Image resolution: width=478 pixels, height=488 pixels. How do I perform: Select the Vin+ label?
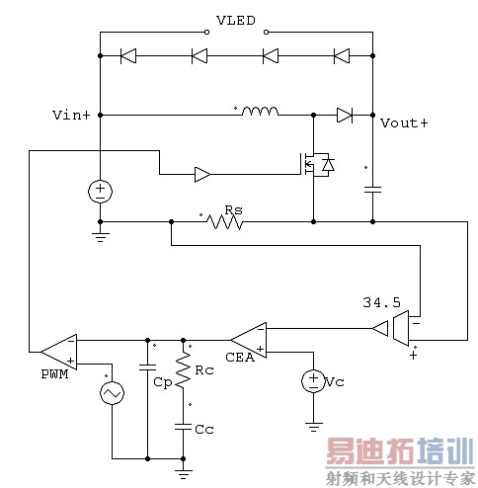(71, 116)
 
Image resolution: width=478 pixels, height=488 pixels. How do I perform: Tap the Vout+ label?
(404, 123)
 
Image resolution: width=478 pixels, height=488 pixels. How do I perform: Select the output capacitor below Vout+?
(372, 187)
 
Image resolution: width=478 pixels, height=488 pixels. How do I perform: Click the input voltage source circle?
(101, 192)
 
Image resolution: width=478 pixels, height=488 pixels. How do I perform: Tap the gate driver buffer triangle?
(201, 176)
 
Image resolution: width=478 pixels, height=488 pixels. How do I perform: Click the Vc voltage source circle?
(311, 380)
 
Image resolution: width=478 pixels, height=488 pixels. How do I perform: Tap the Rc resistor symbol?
(183, 372)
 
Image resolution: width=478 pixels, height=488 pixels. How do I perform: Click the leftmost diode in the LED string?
(127, 55)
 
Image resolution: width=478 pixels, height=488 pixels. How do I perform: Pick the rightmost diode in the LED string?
(341, 55)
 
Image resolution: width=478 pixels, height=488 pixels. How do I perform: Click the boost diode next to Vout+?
(344, 115)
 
